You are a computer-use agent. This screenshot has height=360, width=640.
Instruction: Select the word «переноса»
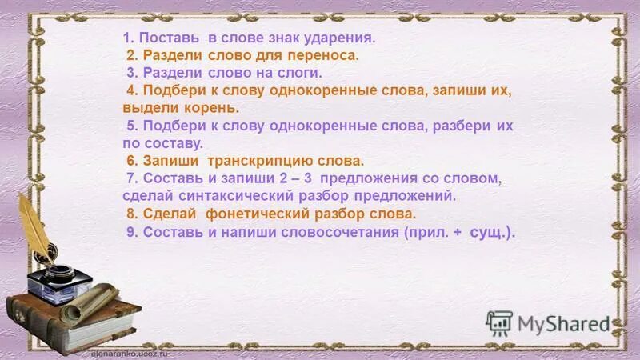[323, 55]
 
